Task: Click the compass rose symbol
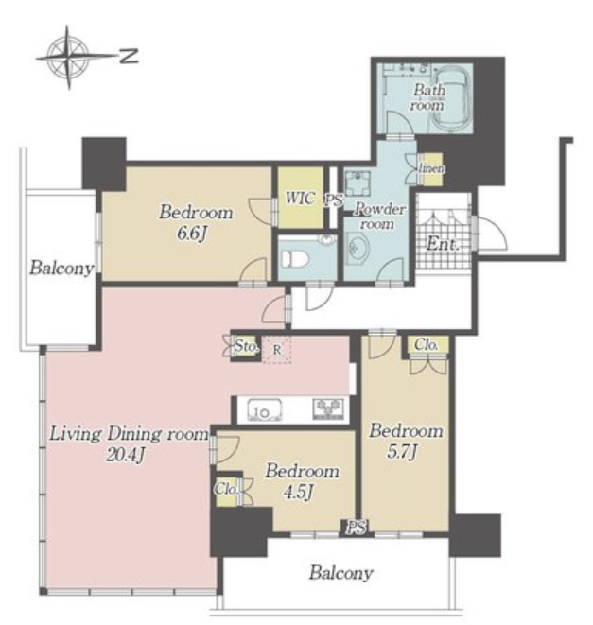[68, 57]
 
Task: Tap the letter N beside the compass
[129, 56]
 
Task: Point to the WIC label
[300, 199]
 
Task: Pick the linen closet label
[431, 169]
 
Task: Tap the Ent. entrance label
[443, 244]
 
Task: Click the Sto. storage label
[246, 346]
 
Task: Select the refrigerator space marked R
[277, 350]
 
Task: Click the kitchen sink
[265, 410]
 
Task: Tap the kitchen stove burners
[327, 408]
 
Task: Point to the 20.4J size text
[125, 455]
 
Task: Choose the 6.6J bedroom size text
[193, 234]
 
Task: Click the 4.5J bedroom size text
[299, 493]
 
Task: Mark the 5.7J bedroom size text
[402, 452]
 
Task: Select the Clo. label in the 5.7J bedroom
[426, 345]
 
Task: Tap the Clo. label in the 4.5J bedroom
[226, 489]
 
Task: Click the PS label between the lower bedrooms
[356, 528]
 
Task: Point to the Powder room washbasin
[358, 249]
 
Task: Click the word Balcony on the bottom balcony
[341, 573]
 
